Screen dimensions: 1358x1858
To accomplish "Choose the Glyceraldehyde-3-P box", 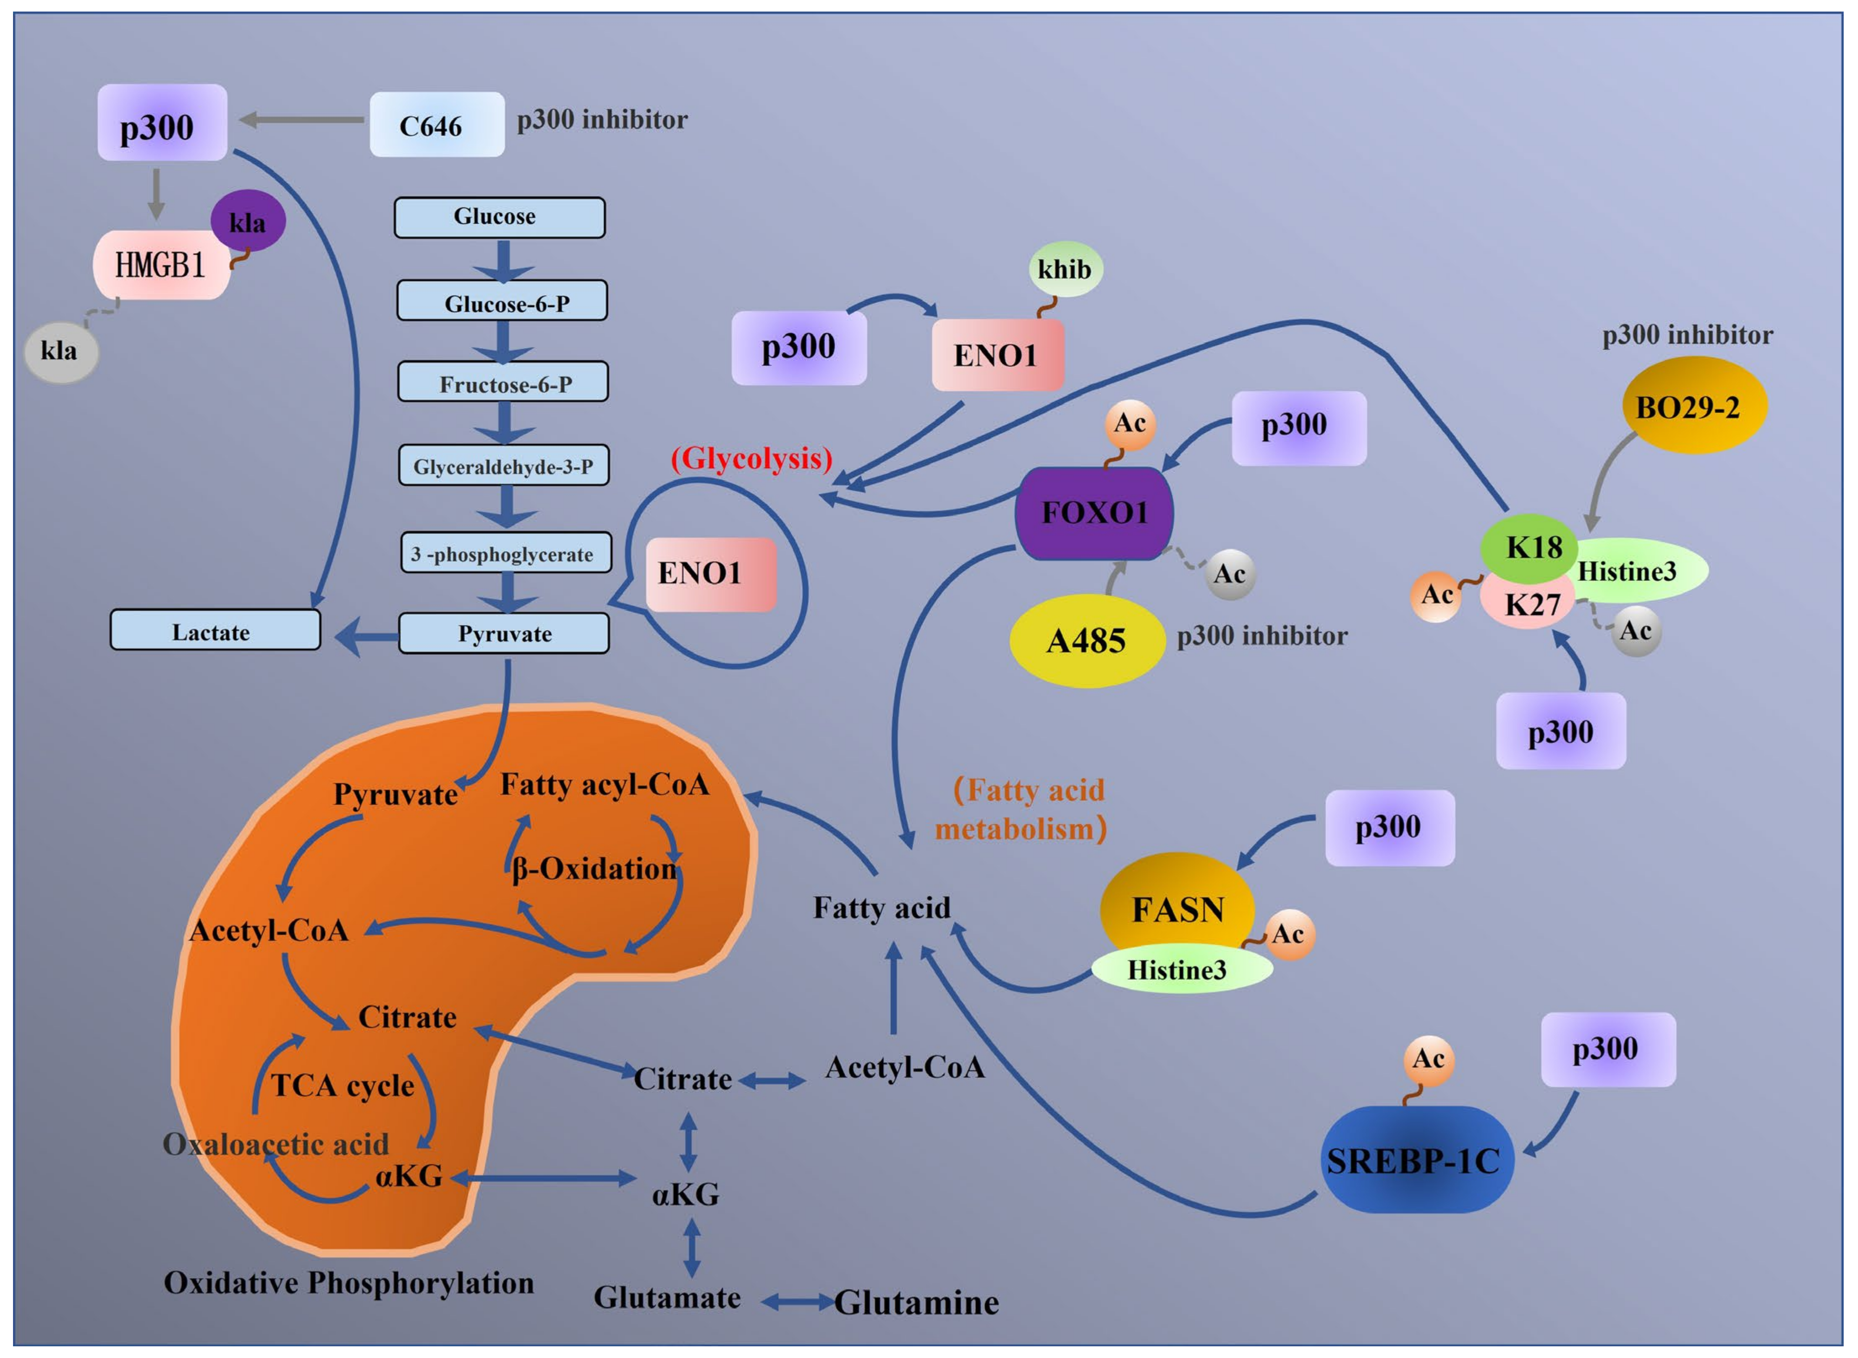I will (503, 466).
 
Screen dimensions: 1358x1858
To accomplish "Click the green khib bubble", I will (1065, 269).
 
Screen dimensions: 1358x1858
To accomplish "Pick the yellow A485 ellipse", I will (1086, 640).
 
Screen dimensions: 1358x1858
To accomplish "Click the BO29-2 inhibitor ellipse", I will (1693, 406).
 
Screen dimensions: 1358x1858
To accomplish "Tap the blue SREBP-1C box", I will (1414, 1160).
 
